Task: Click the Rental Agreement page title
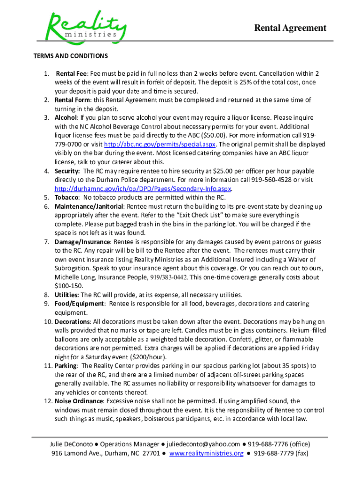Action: pyautogui.click(x=290, y=28)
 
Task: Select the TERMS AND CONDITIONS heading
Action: pyautogui.click(x=70, y=56)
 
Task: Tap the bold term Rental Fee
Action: pyautogui.click(x=72, y=73)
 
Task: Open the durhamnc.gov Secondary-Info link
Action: pyautogui.click(x=143, y=189)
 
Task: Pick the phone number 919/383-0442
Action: pyautogui.click(x=168, y=277)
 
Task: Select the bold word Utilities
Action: pyautogui.click(x=67, y=295)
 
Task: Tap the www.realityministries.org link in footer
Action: pyautogui.click(x=206, y=453)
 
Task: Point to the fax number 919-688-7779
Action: pyautogui.click(x=280, y=453)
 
